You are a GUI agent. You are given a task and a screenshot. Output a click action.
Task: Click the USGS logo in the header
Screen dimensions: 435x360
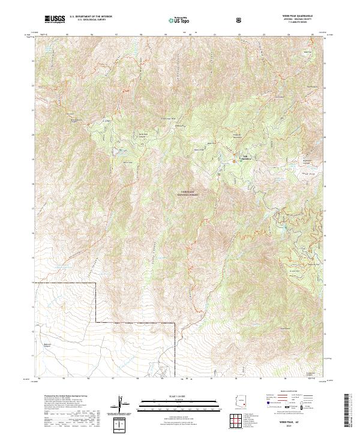click(54, 19)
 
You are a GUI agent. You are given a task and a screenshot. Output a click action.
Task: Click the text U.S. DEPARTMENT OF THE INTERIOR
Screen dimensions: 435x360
click(91, 17)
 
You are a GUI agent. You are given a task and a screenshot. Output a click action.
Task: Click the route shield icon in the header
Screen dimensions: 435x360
click(240, 20)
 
